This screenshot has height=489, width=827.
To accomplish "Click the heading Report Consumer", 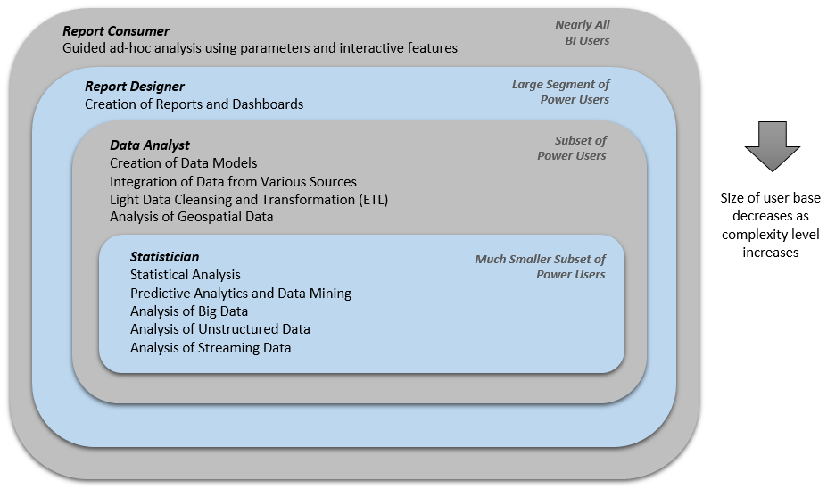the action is (115, 31).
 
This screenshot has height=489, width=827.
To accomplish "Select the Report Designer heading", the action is (135, 87).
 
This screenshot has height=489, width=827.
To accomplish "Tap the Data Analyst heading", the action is (150, 145).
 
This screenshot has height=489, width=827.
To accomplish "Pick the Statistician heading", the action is (164, 257).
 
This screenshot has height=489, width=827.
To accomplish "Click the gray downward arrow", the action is (773, 146).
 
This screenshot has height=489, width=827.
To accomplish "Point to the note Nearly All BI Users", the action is (583, 32).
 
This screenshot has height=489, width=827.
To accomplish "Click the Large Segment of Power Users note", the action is (560, 92).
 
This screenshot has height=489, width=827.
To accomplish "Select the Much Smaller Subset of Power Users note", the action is (540, 267).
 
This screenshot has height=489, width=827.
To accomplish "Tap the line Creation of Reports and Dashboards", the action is (194, 104).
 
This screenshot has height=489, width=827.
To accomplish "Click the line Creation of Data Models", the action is (184, 163).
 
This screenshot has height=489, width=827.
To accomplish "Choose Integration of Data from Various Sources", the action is (233, 182).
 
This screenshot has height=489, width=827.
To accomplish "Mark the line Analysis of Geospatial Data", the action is (192, 217).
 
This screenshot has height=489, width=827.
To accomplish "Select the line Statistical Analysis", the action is (186, 275).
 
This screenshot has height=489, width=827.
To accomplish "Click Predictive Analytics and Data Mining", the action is (241, 294).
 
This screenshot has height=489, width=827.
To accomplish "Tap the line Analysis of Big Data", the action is (189, 311).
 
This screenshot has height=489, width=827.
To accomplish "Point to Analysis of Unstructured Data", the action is (220, 329).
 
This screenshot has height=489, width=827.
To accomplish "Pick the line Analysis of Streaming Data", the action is (211, 348).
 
